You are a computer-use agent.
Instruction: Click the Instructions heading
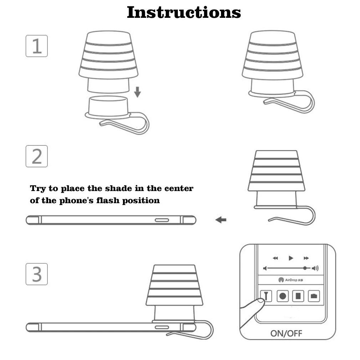click(x=184, y=12)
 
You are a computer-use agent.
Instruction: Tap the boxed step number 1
click(x=37, y=46)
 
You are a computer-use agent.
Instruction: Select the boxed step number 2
click(x=37, y=156)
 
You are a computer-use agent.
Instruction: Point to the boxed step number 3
click(x=37, y=274)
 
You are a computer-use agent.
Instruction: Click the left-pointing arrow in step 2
click(x=221, y=220)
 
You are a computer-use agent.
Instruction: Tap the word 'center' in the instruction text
click(x=179, y=188)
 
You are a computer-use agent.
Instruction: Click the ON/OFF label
click(x=286, y=333)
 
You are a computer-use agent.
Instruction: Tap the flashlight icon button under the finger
click(x=266, y=295)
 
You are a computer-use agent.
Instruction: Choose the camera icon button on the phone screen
click(x=314, y=295)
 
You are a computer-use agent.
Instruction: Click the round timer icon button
click(x=282, y=295)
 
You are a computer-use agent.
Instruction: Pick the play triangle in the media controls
click(x=291, y=258)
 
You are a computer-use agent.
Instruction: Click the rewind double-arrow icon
click(x=275, y=258)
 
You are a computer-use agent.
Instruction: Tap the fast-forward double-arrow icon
click(x=306, y=258)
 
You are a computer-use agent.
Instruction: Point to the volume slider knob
click(x=305, y=268)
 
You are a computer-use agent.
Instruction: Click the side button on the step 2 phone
click(x=162, y=220)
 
